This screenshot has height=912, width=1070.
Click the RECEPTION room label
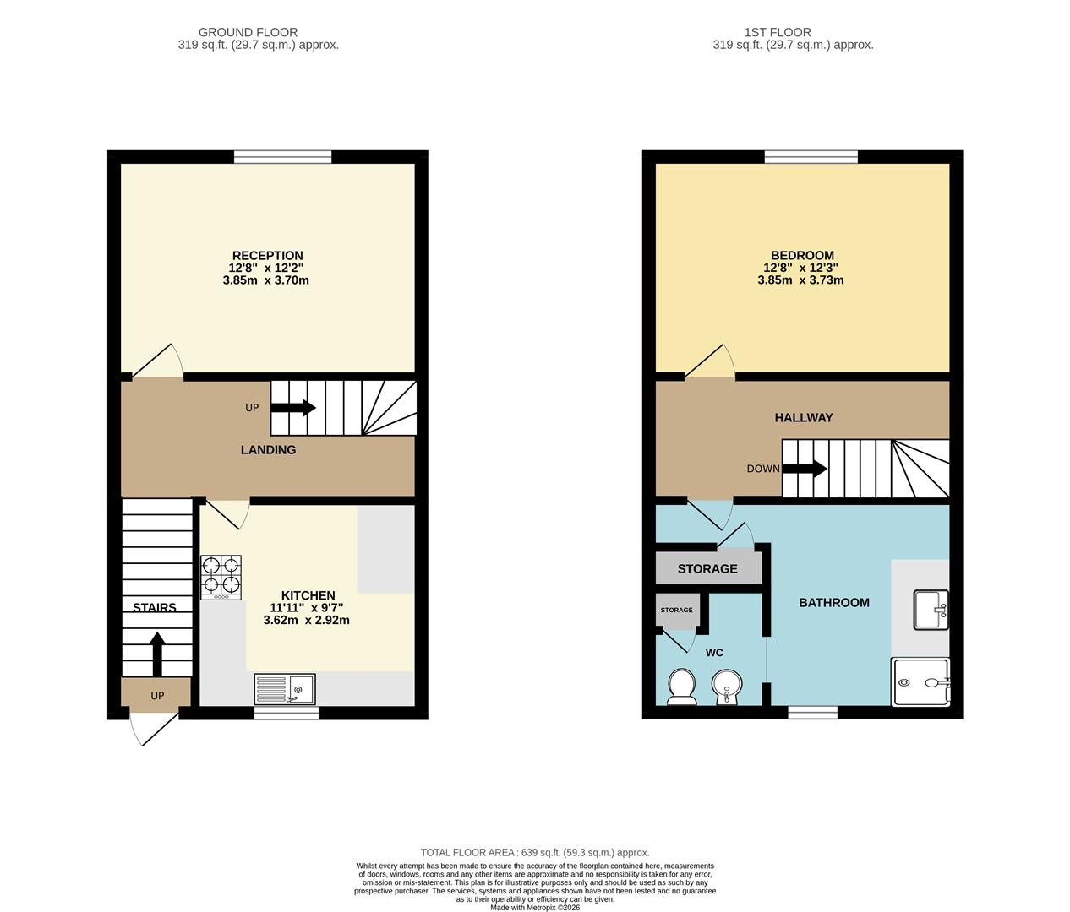point(268,256)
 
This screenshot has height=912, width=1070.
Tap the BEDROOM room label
point(802,256)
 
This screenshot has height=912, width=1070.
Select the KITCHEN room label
point(308,595)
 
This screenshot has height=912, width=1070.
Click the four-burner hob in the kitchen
point(221,578)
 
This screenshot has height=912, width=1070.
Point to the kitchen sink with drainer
point(285,689)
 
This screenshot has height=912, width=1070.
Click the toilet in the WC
point(681,687)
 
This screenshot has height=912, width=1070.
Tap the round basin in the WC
point(728,687)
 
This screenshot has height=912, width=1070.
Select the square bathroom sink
point(931,610)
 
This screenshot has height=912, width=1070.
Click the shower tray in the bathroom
point(920,682)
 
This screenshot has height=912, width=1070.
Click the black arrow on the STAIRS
point(157,654)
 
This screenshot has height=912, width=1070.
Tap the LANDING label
point(268,450)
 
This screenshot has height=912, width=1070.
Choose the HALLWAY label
point(804,417)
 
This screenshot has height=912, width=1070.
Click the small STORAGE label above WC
point(677,610)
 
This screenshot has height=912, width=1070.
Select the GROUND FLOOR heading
point(248,32)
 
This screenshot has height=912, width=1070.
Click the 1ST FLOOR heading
point(778,32)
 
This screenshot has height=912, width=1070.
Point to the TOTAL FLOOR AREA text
point(535,853)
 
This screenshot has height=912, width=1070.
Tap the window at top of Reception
point(282,157)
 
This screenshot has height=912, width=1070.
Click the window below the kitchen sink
point(287,713)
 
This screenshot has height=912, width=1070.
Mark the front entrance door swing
point(153,729)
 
